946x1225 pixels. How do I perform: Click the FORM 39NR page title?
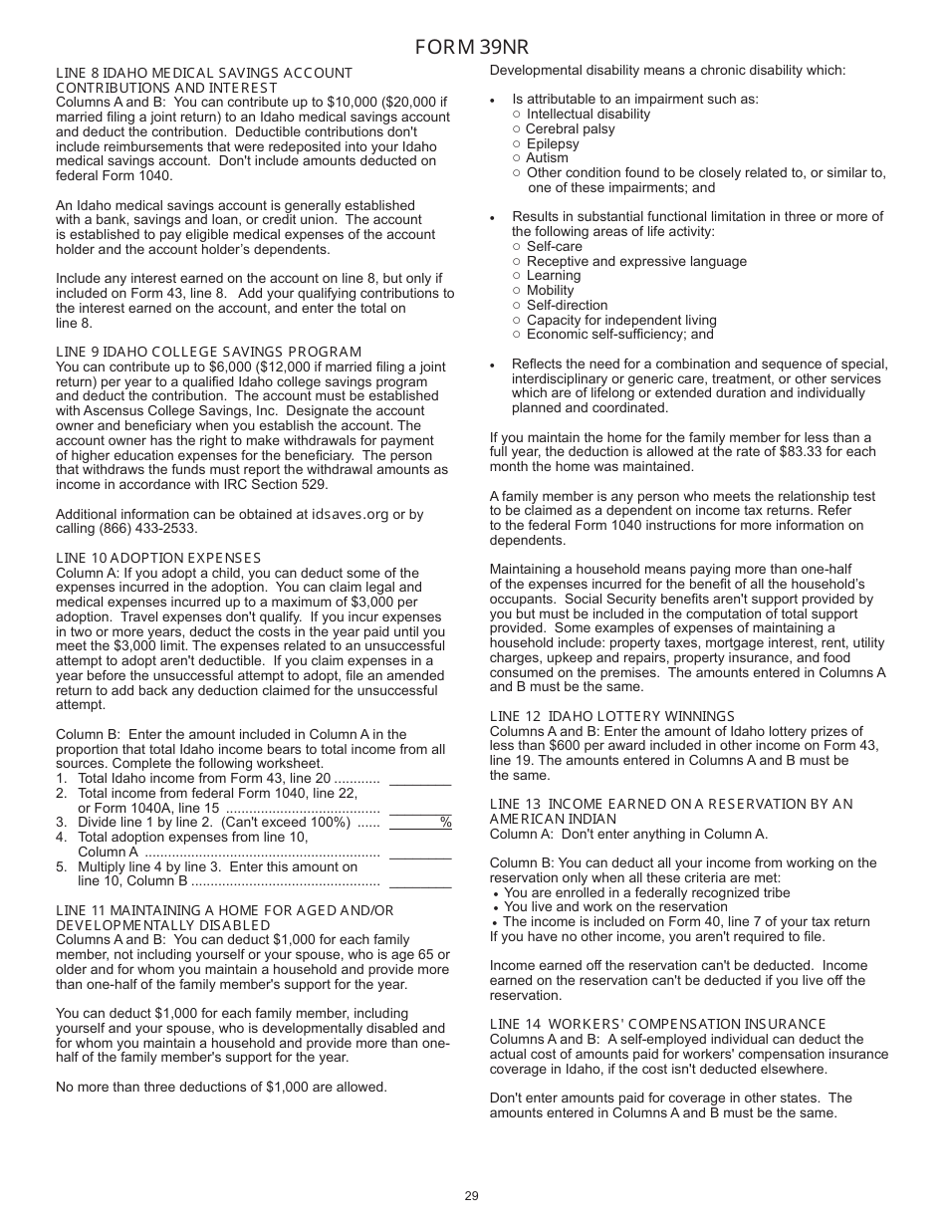point(472,47)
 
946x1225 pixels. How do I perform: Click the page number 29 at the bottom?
point(472,1196)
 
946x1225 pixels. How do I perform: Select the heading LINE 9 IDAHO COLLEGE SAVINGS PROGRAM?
point(208,352)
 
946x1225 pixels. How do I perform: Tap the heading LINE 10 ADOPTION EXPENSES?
point(158,558)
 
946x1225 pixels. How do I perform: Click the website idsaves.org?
point(351,514)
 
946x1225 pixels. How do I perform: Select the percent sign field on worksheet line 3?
point(419,823)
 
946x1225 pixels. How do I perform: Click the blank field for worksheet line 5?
point(419,880)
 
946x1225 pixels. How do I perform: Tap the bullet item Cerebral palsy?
point(570,128)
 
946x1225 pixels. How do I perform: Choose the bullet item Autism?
point(547,157)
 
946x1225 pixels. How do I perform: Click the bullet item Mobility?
point(550,291)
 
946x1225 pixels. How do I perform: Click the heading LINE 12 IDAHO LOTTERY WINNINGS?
point(611,716)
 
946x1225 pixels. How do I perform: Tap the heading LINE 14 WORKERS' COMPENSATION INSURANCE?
point(657,1024)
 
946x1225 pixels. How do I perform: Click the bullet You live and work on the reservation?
point(614,907)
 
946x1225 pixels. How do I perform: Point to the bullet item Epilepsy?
point(553,143)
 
